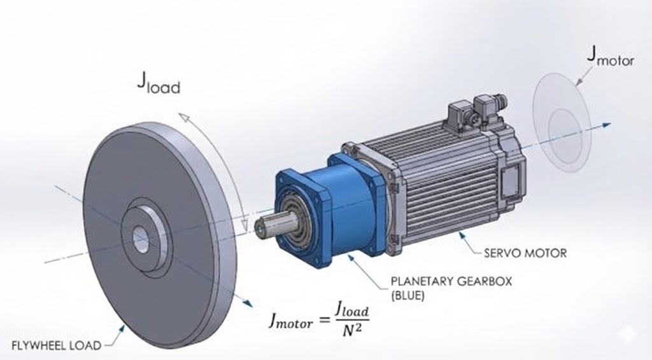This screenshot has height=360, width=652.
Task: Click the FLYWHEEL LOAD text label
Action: click(56, 345)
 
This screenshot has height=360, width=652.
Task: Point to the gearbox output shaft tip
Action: click(260, 226)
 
